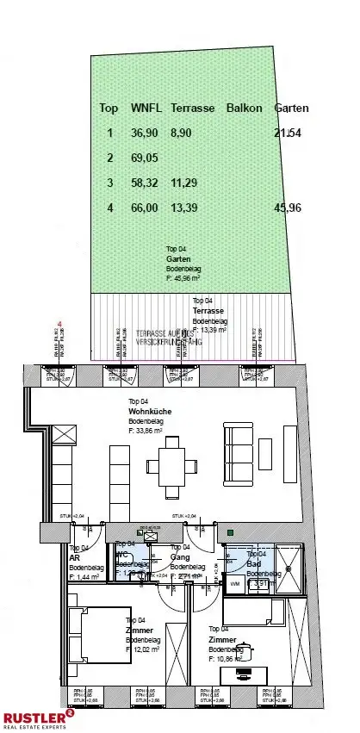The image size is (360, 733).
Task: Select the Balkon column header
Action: [x=244, y=109]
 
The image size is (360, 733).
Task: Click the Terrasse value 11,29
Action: [x=185, y=183]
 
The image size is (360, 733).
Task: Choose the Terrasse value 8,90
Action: [x=182, y=134]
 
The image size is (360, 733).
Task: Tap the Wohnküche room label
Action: [x=149, y=412]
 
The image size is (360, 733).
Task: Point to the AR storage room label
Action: [x=75, y=557]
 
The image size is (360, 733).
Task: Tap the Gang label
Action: [x=179, y=557]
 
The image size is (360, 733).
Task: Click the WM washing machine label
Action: [x=234, y=583]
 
